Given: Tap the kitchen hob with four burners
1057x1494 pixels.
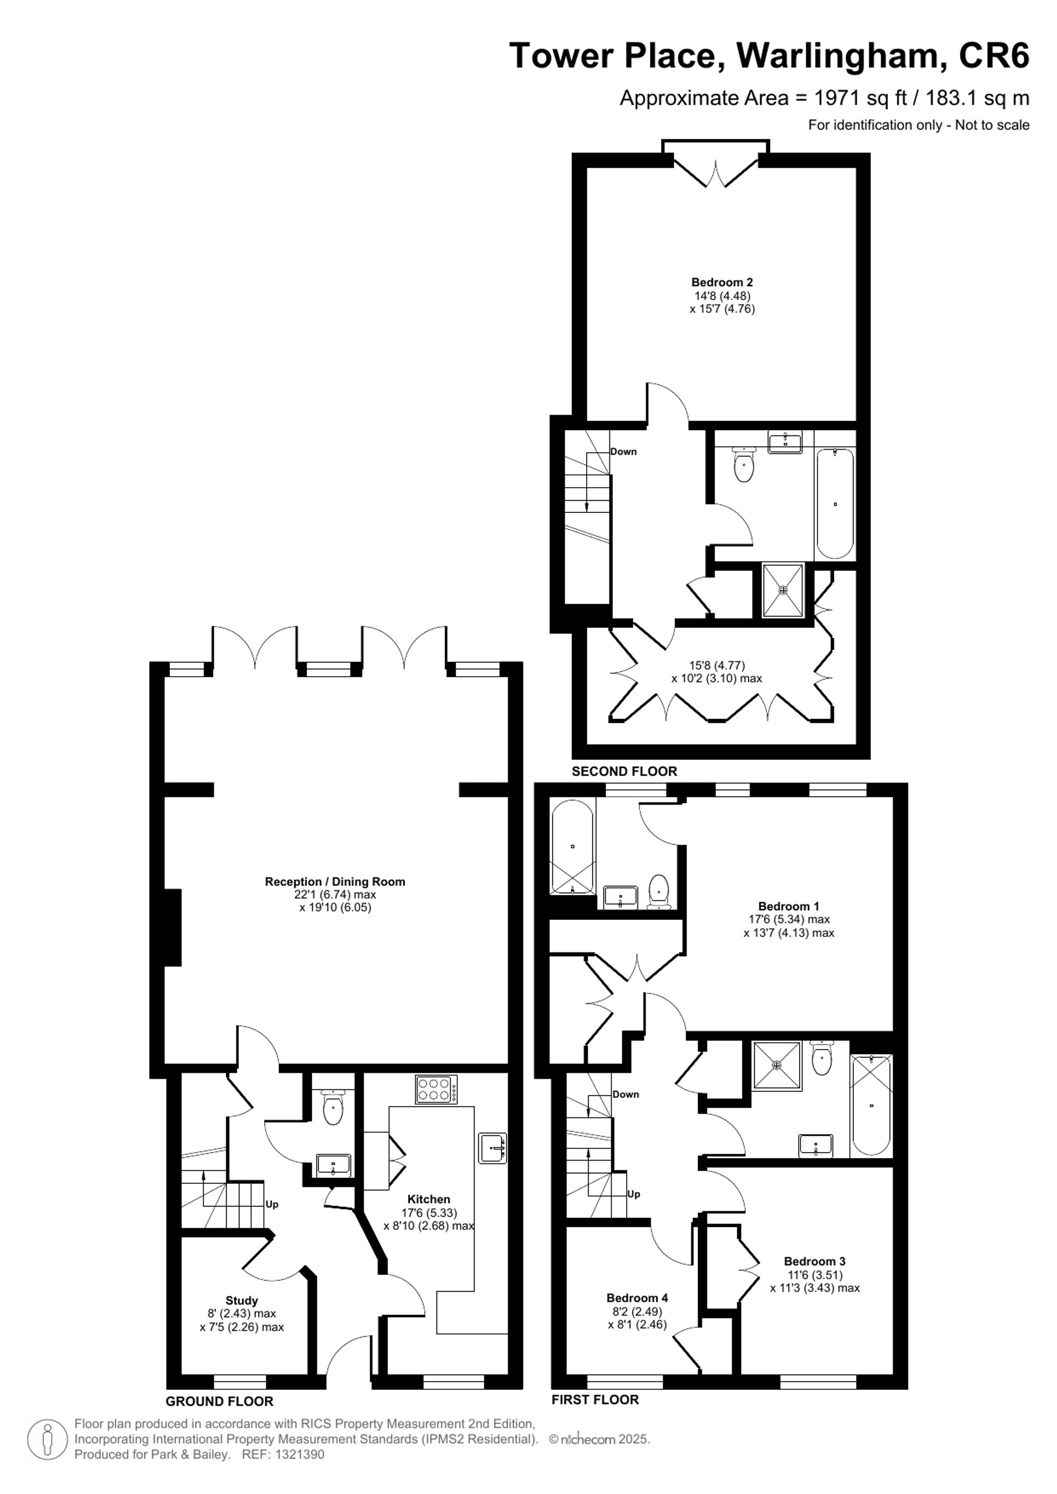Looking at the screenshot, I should coord(435,1090).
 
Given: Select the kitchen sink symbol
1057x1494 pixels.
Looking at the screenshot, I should coord(492,1148).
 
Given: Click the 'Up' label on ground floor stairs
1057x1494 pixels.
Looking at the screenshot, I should coord(272,1204).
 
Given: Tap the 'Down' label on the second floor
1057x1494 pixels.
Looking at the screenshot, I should coord(624,452).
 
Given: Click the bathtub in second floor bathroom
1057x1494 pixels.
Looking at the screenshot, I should coord(835,503).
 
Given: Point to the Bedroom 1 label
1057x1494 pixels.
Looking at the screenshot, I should coord(788,906).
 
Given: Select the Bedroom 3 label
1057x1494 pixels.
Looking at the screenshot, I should coord(814,1261).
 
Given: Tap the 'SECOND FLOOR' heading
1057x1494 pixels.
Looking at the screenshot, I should coord(624,771).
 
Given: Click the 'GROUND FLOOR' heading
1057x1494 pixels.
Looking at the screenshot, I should coord(219,1402).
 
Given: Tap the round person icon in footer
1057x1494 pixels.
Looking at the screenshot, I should coord(47,1439).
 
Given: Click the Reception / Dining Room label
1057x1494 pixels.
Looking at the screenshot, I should coord(335,882).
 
